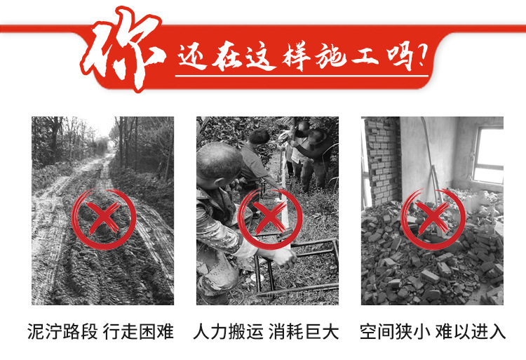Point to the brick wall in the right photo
382,161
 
